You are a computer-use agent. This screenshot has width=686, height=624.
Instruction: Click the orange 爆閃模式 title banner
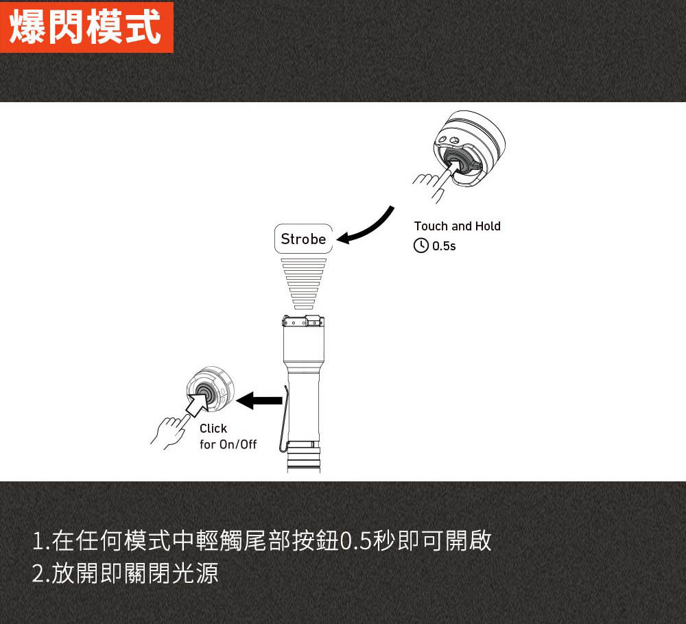[x=86, y=27]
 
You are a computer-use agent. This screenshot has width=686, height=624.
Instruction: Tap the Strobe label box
[x=303, y=239]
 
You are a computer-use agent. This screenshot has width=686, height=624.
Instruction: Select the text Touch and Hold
[x=457, y=226]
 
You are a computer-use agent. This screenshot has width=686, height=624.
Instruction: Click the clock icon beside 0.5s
[x=421, y=245]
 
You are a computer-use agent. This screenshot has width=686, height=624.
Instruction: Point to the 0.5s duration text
[x=444, y=245]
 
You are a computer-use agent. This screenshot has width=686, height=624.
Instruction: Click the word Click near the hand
[x=213, y=428]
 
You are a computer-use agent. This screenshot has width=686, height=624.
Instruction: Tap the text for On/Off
[x=228, y=444]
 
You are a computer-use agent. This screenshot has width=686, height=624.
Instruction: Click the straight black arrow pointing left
[x=259, y=400]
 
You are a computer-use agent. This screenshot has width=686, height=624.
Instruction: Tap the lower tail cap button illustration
[x=211, y=389]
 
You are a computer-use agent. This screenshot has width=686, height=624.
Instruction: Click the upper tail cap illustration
[x=469, y=148]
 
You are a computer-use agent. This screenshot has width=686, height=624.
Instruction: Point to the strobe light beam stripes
[x=304, y=284]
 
